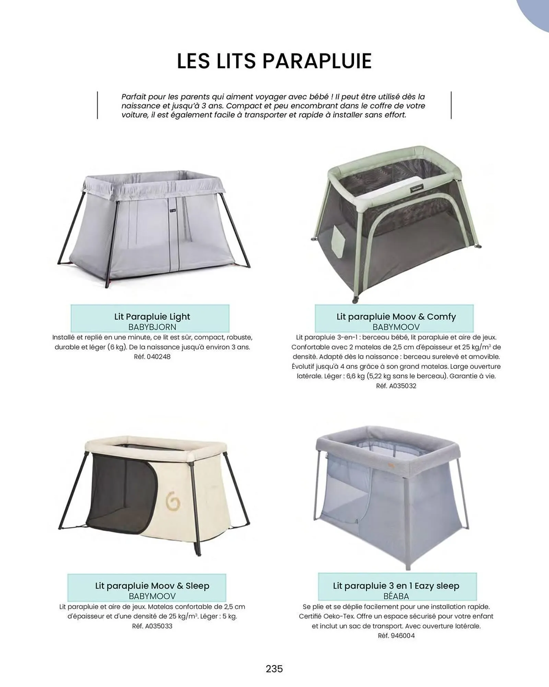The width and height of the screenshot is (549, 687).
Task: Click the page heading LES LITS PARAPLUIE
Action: pos(274,61)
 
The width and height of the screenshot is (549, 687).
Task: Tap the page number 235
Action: pos(274,668)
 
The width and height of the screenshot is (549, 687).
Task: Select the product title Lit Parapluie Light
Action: pos(152,316)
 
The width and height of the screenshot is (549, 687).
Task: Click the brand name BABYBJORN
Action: pos(152,327)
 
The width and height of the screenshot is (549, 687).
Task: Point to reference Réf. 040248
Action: pos(152,357)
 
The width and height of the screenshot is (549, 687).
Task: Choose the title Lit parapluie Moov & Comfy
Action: pos(396,316)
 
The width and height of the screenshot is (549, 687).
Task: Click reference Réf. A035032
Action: pos(396,386)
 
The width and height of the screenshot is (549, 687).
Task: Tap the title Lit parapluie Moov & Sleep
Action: pos(152,586)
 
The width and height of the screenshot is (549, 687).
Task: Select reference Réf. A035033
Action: pos(152,626)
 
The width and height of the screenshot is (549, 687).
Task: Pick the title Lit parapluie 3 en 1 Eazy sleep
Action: pos(396,586)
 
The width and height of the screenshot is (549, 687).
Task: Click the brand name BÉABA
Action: pos(396,596)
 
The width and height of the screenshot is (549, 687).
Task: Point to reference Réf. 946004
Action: pos(396,635)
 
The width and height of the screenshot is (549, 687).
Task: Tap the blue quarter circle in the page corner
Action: pos(537,12)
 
